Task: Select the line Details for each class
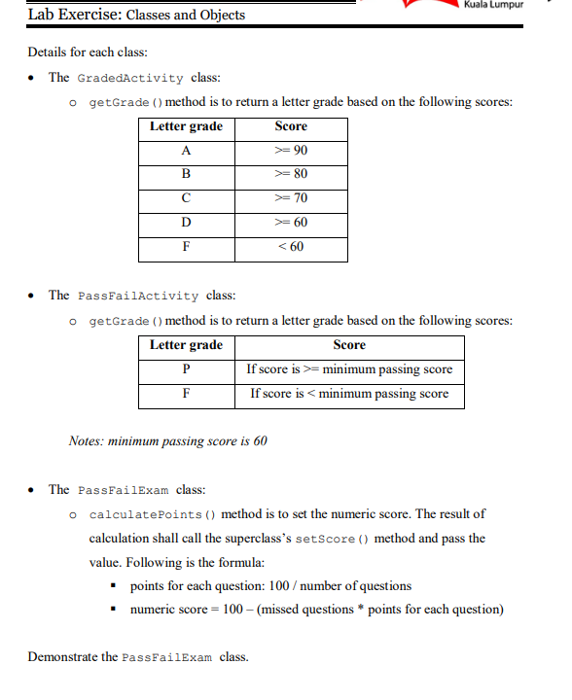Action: pyautogui.click(x=88, y=52)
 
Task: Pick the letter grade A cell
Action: pyautogui.click(x=186, y=151)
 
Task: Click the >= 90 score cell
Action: pyautogui.click(x=291, y=151)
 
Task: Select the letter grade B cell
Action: pyautogui.click(x=186, y=175)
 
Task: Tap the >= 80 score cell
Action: pyautogui.click(x=291, y=175)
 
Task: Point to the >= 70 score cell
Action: pyautogui.click(x=291, y=199)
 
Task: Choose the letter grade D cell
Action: pyautogui.click(x=186, y=224)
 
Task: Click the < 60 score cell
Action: pyautogui.click(x=291, y=247)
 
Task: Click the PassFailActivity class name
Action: pyautogui.click(x=137, y=296)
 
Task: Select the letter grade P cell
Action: pyautogui.click(x=186, y=369)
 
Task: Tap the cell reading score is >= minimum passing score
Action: pyautogui.click(x=349, y=369)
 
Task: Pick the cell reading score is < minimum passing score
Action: pyautogui.click(x=349, y=394)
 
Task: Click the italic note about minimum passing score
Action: pyautogui.click(x=167, y=441)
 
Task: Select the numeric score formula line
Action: pyautogui.click(x=316, y=611)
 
